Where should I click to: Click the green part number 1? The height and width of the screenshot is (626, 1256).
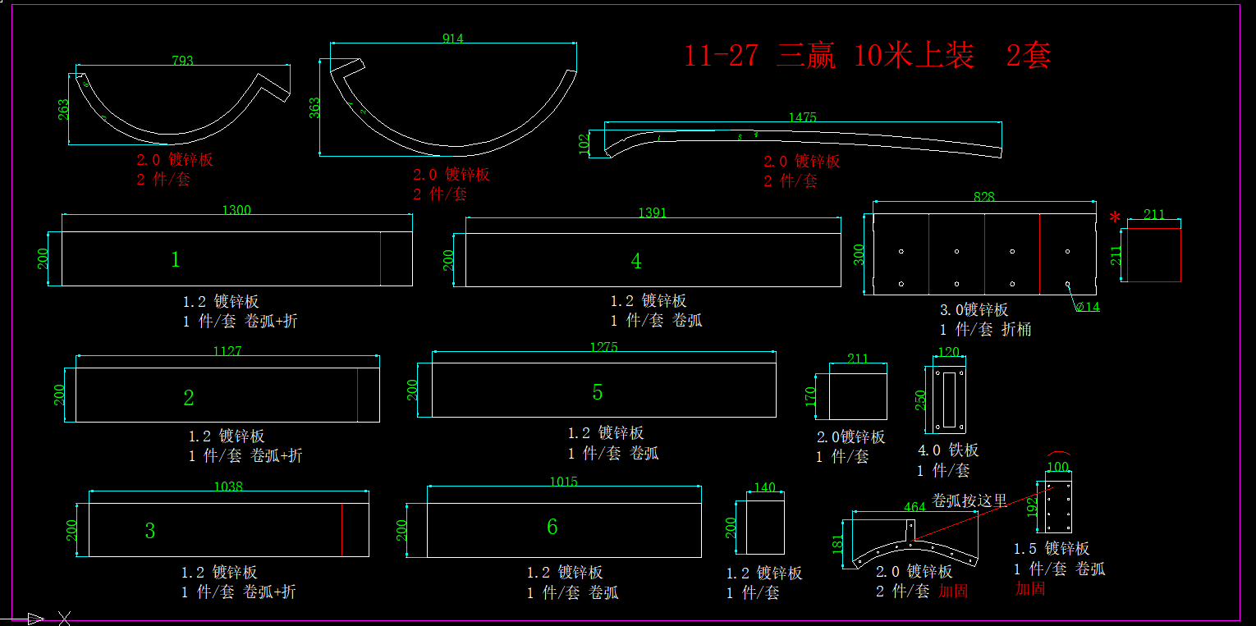pyautogui.click(x=175, y=260)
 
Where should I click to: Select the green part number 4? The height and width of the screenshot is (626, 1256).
pyautogui.click(x=636, y=262)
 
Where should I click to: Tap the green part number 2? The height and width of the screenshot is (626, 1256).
pyautogui.click(x=189, y=399)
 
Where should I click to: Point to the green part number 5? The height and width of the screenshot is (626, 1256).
pyautogui.click(x=598, y=393)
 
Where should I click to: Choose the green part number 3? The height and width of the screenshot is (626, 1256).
pyautogui.click(x=149, y=531)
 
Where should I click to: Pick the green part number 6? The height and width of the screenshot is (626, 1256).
pyautogui.click(x=552, y=527)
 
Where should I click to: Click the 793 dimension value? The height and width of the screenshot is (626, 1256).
pyautogui.click(x=182, y=61)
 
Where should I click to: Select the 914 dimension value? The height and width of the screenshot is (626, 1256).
pyautogui.click(x=452, y=39)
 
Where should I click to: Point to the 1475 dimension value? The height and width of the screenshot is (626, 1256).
pyautogui.click(x=802, y=117)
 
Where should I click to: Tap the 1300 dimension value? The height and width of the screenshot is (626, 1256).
pyautogui.click(x=236, y=210)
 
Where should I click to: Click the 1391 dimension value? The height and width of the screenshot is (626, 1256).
pyautogui.click(x=653, y=212)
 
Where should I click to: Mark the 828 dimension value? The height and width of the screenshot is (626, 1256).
pyautogui.click(x=983, y=197)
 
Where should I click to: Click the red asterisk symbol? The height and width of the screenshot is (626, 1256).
pyautogui.click(x=1114, y=218)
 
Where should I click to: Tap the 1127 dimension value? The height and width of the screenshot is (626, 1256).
pyautogui.click(x=227, y=351)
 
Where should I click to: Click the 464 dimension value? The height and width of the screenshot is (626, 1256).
pyautogui.click(x=914, y=507)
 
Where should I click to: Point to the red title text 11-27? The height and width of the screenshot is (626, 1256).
pyautogui.click(x=721, y=56)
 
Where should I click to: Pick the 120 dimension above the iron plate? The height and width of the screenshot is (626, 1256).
pyautogui.click(x=948, y=353)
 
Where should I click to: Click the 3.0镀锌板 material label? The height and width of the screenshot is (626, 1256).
pyautogui.click(x=974, y=310)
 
